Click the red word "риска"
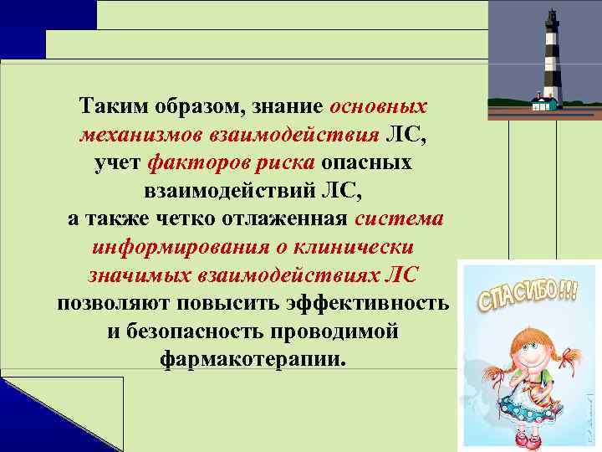coord(280,162)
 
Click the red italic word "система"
coord(400,218)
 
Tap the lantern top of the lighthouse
coord(552,18)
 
